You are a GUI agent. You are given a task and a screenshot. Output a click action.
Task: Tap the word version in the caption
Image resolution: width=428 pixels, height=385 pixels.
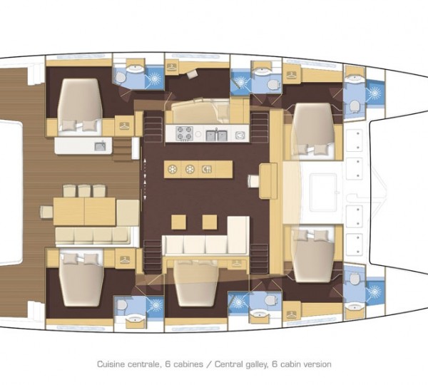[316, 364]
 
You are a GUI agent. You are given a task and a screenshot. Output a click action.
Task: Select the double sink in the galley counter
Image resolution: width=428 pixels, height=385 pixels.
[215, 133]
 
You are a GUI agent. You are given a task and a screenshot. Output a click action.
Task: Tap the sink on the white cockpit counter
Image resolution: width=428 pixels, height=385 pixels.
[100, 146]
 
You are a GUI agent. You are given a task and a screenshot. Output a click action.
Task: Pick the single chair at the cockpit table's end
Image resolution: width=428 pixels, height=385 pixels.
[46, 210]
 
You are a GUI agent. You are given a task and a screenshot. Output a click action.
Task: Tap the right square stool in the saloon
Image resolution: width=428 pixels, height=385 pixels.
[209, 222]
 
